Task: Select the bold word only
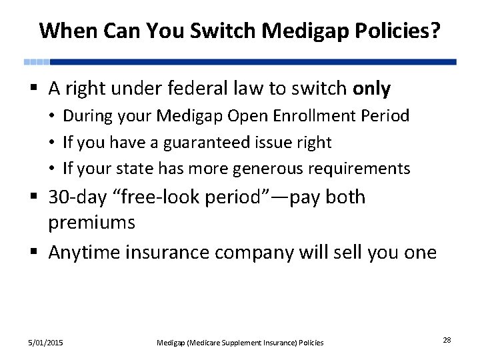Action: pos(372,89)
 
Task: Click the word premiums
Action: pos(91,223)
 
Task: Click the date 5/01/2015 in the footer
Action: pos(45,343)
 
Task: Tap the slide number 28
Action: pos(447,341)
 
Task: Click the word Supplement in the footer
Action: pos(237,343)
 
